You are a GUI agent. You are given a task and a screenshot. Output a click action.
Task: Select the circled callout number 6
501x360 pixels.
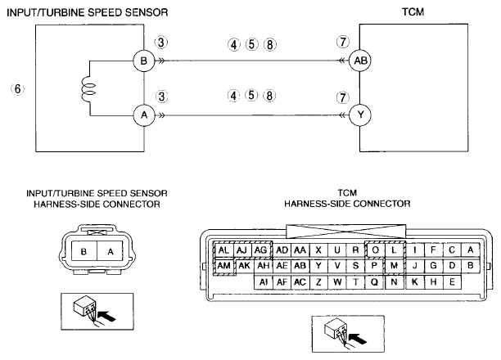pyautogui.click(x=17, y=89)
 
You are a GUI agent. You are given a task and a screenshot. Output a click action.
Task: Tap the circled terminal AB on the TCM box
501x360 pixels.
pyautogui.click(x=360, y=61)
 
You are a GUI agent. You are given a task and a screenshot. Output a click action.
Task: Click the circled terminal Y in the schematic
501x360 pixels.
pyautogui.click(x=360, y=115)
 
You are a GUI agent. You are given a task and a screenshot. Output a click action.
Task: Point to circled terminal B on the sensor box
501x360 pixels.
pyautogui.click(x=144, y=61)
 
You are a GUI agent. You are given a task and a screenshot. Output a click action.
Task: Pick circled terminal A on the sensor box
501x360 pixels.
pyautogui.click(x=144, y=115)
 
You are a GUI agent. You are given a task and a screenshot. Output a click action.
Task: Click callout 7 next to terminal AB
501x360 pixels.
pyautogui.click(x=343, y=42)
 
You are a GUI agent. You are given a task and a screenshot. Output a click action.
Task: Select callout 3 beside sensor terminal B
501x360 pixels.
pyautogui.click(x=161, y=43)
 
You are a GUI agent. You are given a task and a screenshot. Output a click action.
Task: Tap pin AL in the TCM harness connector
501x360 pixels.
pyautogui.click(x=223, y=250)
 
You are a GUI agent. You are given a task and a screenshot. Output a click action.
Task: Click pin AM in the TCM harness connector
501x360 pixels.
pyautogui.click(x=223, y=265)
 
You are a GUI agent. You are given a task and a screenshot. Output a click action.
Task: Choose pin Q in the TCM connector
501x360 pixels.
pyautogui.click(x=374, y=281)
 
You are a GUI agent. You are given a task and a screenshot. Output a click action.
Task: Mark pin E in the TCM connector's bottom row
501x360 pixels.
pyautogui.click(x=452, y=281)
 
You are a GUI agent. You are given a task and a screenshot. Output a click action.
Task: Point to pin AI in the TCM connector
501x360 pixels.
pyautogui.click(x=264, y=281)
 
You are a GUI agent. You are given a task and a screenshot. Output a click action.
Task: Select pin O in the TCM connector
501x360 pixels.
pyautogui.click(x=376, y=250)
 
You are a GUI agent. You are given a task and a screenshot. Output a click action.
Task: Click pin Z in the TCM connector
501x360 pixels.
pyautogui.click(x=318, y=281)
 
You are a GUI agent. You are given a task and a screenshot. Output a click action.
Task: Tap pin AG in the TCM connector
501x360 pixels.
pyautogui.click(x=261, y=250)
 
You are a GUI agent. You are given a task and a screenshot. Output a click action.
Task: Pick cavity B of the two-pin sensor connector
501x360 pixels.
pyautogui.click(x=83, y=251)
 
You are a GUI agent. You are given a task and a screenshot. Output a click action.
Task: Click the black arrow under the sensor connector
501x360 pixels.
pyautogui.click(x=106, y=317)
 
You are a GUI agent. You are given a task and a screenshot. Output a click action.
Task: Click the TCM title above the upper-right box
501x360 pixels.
pyautogui.click(x=413, y=11)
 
